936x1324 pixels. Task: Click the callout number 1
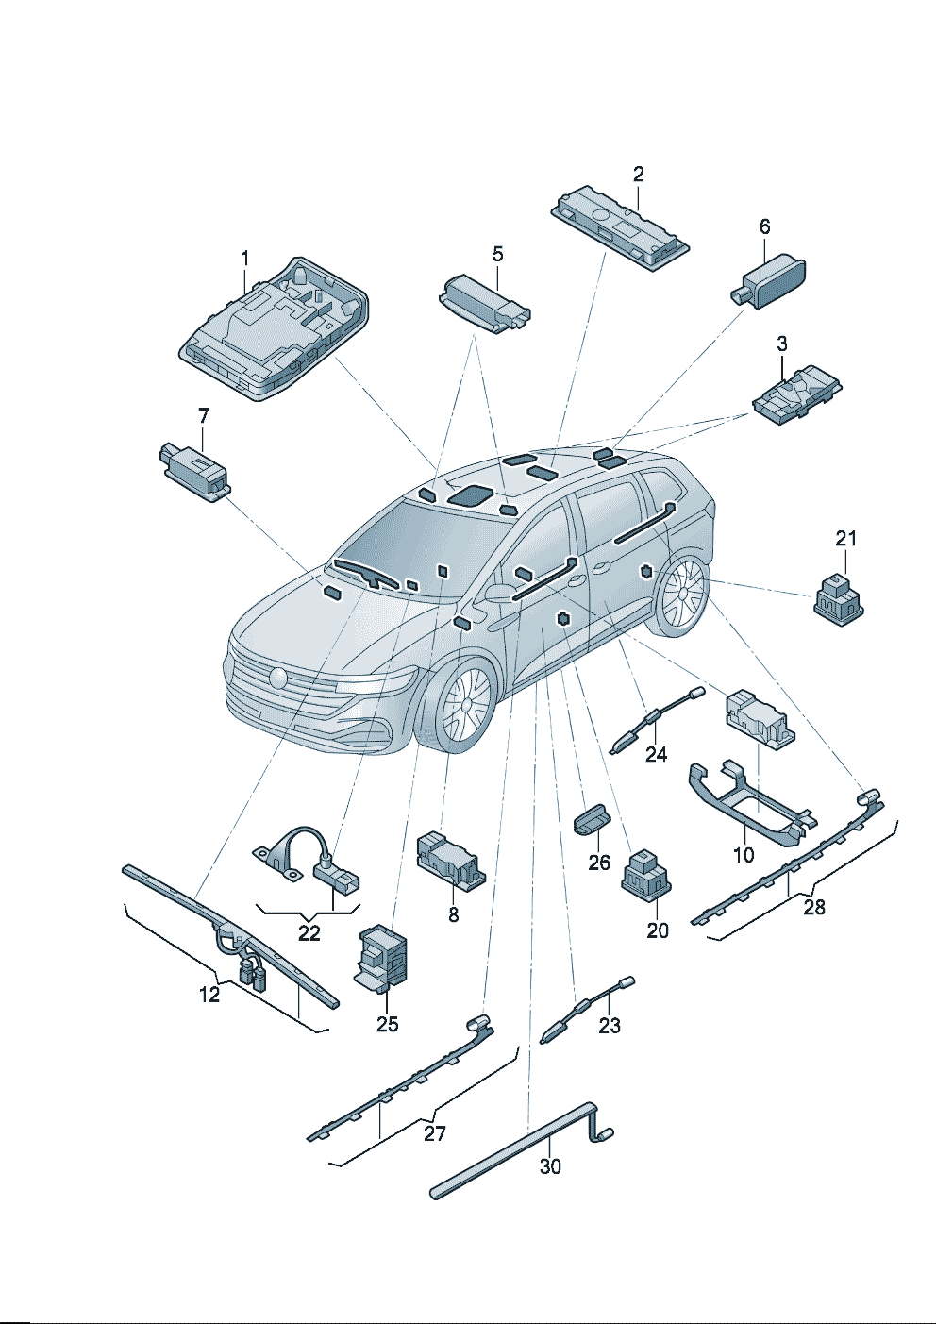(x=245, y=259)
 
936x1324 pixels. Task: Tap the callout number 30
(x=550, y=1166)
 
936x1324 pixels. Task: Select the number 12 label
(x=209, y=994)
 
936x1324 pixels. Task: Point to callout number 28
(x=814, y=907)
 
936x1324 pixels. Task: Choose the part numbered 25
(x=382, y=957)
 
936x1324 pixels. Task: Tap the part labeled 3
(x=794, y=395)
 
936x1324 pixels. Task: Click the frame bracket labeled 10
(x=745, y=808)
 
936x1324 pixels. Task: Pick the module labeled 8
(x=449, y=858)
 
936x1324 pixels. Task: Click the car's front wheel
(x=463, y=706)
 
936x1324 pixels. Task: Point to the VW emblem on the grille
(x=278, y=678)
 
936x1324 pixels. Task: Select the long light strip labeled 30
(x=514, y=1150)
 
